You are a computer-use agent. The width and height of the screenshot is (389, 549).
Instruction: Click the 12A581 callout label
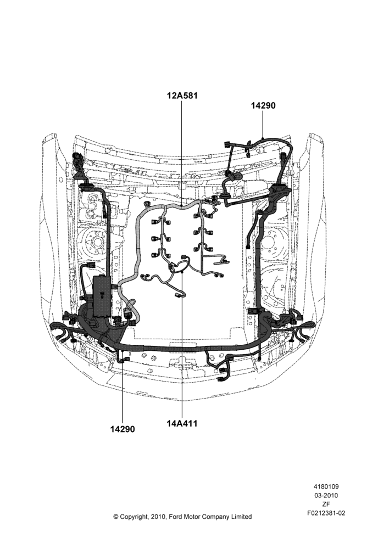(x=182, y=96)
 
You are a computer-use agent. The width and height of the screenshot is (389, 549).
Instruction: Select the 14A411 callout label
(x=182, y=423)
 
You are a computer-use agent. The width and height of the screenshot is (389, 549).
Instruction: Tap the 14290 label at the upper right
(x=263, y=105)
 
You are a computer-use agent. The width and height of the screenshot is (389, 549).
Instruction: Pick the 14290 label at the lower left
(x=123, y=429)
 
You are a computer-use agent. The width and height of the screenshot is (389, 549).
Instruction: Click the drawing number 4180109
(x=326, y=486)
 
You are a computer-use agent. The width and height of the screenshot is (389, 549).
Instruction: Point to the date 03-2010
(x=326, y=495)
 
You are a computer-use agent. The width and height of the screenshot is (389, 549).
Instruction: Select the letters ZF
(x=326, y=504)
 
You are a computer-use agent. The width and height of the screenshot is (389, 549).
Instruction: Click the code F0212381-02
(x=326, y=513)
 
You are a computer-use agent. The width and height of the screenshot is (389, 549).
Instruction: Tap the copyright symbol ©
(x=115, y=517)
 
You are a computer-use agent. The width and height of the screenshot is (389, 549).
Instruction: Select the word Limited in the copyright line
(x=241, y=517)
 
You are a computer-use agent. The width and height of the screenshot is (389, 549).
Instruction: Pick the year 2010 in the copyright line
(x=159, y=517)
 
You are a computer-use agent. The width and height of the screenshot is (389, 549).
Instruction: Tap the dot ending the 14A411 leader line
(x=182, y=271)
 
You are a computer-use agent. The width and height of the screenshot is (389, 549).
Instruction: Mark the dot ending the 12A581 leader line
(x=181, y=204)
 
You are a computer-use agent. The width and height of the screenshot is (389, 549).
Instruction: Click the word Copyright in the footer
(x=135, y=517)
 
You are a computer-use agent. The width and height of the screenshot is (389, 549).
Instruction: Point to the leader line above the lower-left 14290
(x=123, y=391)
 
